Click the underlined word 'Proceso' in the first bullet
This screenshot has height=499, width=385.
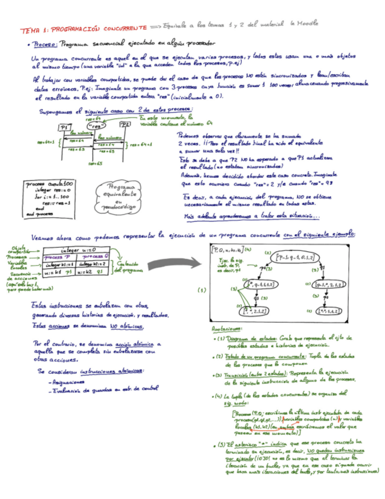[45, 44]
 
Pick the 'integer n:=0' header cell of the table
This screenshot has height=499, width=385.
[78, 249]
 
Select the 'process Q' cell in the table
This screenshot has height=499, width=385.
[93, 257]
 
